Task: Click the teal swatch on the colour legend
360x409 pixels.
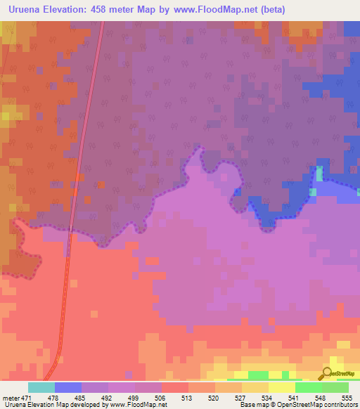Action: click(x=41, y=387)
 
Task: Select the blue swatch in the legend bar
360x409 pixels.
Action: click(x=68, y=387)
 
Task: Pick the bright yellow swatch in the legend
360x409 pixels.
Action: click(x=282, y=387)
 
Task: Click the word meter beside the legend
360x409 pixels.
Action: click(x=11, y=397)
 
